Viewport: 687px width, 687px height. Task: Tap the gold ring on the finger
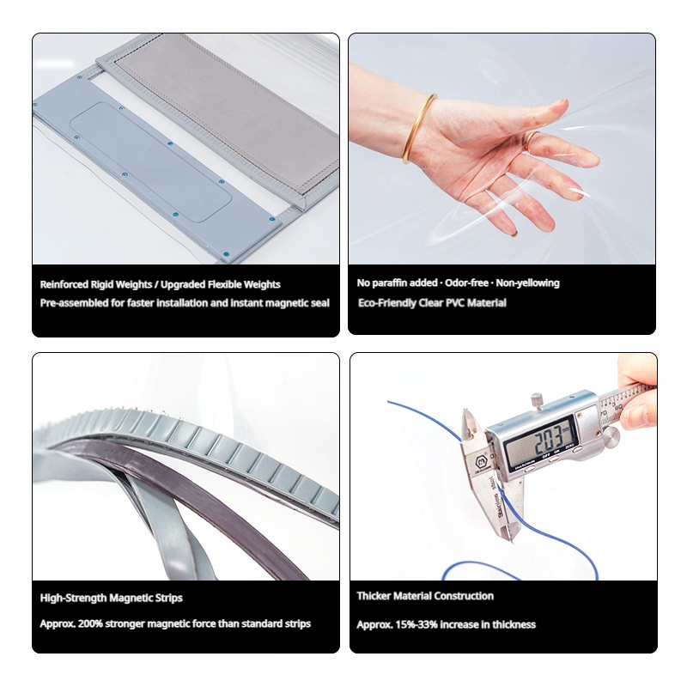tap(530, 139)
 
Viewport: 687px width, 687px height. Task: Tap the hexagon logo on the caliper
tap(482, 462)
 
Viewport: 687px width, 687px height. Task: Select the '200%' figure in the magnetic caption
tap(90, 623)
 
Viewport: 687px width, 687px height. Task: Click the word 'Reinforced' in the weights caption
tap(64, 284)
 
